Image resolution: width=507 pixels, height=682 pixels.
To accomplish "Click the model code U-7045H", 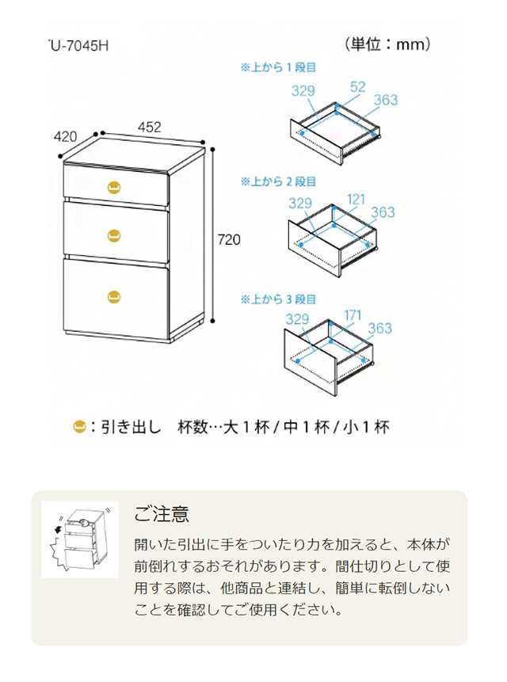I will (x=77, y=45).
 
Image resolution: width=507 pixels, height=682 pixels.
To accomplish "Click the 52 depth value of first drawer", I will (x=356, y=87).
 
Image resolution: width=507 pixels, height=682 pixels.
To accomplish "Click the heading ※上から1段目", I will (x=278, y=67).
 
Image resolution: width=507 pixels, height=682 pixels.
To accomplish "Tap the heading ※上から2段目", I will (x=278, y=182).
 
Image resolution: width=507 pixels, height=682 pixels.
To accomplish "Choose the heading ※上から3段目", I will (x=278, y=299).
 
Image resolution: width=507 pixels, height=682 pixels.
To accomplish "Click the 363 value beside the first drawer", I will (x=385, y=101).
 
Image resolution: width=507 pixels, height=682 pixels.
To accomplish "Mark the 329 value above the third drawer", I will (x=297, y=320).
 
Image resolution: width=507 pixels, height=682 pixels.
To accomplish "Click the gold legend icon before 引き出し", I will (x=79, y=427).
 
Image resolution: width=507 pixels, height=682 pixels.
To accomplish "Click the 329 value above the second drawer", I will (x=302, y=203).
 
